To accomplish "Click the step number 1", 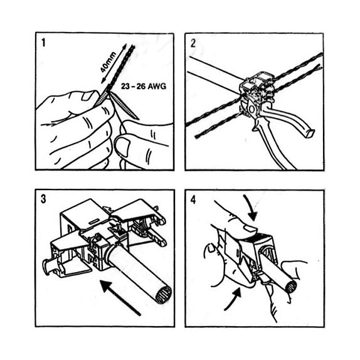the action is pyautogui.click(x=43, y=43).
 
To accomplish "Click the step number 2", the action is pyautogui.click(x=193, y=43).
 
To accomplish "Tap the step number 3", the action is pyautogui.click(x=43, y=199).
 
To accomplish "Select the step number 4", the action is pyautogui.click(x=193, y=199).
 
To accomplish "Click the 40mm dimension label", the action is pyautogui.click(x=109, y=63).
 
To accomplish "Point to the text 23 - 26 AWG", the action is pyautogui.click(x=143, y=87).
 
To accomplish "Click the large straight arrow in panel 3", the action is pyautogui.click(x=120, y=297).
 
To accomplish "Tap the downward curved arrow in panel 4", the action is pyautogui.click(x=251, y=208).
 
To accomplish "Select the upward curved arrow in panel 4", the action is pyautogui.click(x=233, y=299).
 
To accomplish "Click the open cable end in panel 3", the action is pyautogui.click(x=164, y=295).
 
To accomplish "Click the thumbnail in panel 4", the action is pyautogui.click(x=249, y=228).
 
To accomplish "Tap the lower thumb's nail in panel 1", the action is pyautogui.click(x=122, y=147).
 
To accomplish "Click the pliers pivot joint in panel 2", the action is pyautogui.click(x=251, y=109).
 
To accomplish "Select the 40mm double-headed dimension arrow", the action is pyautogui.click(x=114, y=63).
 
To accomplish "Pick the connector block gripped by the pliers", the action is pyautogui.click(x=257, y=87).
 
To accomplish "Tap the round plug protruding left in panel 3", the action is pyautogui.click(x=49, y=267).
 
